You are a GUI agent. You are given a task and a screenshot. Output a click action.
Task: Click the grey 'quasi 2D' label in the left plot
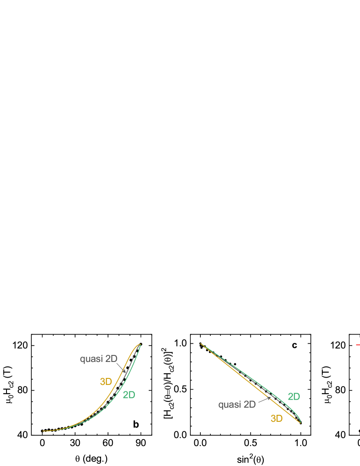point(98,359)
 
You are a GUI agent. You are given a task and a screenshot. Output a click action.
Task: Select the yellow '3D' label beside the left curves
point(106,381)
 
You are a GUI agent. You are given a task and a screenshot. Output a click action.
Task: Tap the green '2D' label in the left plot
point(129,395)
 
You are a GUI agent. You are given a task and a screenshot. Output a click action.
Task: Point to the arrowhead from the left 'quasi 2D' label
point(125,372)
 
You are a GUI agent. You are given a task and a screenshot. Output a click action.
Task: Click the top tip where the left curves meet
point(140,344)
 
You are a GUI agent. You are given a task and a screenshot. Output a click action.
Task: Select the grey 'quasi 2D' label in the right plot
point(237,405)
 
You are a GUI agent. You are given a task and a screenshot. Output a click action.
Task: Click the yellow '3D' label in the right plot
point(276,418)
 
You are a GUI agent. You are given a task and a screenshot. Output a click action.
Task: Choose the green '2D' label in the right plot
point(294,397)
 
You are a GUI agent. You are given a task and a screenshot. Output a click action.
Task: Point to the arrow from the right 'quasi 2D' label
point(265,401)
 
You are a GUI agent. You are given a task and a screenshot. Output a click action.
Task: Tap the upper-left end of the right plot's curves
point(201,344)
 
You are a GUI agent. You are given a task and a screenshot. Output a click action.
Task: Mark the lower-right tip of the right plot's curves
point(300,422)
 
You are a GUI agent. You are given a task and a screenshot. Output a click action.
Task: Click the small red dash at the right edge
point(358,345)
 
